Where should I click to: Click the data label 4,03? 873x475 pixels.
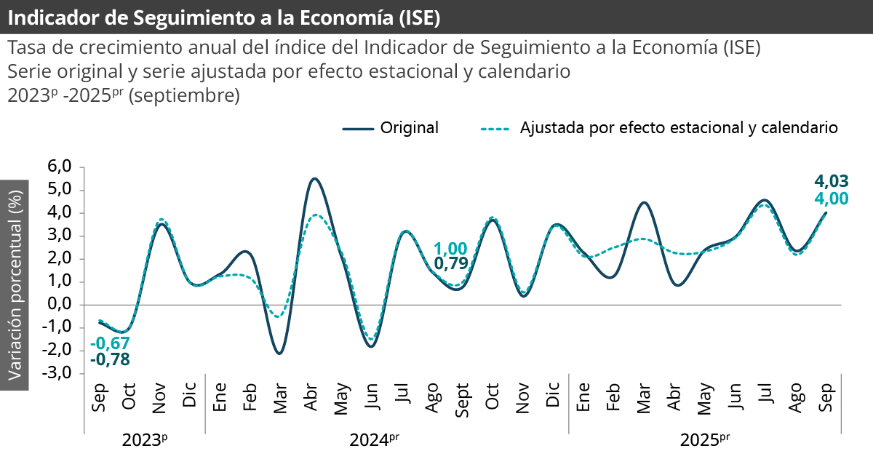point(832,181)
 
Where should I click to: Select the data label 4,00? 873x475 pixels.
point(832,199)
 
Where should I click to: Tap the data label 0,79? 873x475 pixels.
point(450,264)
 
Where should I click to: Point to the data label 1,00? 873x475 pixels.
point(450,249)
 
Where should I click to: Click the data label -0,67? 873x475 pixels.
point(110,343)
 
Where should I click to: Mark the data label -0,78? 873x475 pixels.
point(110,359)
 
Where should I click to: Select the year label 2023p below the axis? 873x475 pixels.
point(144,440)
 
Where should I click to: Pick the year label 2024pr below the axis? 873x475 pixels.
point(374,440)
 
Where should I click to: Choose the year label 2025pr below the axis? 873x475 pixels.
point(704,440)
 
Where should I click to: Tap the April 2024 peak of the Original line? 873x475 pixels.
point(313,178)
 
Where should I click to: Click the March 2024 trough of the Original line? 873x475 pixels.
point(280,354)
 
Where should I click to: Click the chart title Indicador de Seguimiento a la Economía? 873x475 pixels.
point(223,17)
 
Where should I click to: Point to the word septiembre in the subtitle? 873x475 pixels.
point(184,95)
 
